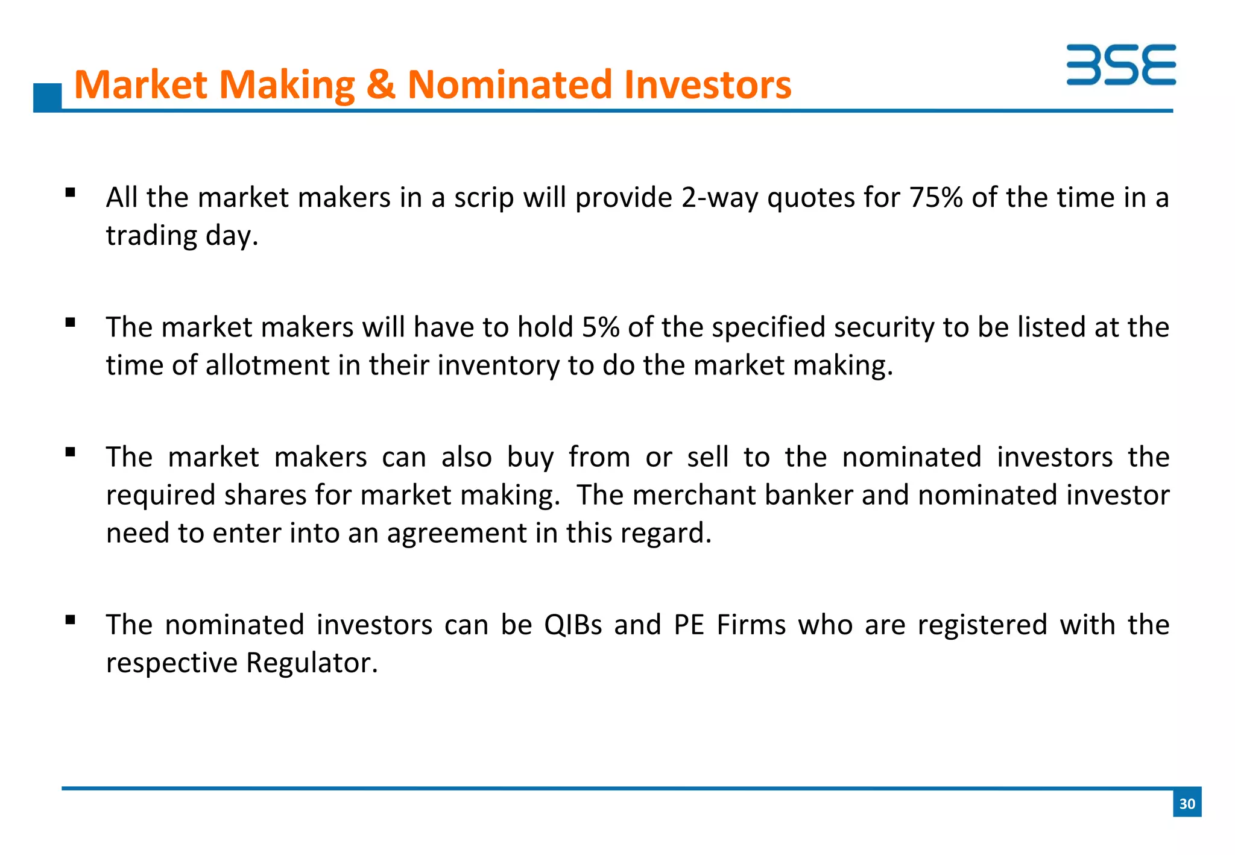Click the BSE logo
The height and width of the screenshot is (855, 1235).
point(1120,65)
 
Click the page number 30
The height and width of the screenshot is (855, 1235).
point(1187,804)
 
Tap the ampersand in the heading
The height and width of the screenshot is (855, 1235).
point(381,84)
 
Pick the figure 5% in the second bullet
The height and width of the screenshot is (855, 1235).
point(601,327)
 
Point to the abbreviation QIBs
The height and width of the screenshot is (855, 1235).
point(572,625)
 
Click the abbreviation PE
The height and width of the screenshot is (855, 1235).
point(689,625)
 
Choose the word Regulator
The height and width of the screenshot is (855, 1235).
point(311,663)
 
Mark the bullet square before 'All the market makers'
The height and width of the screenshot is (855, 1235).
point(71,193)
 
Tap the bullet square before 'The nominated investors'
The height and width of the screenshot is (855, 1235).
point(71,620)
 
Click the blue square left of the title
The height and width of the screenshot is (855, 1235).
point(47,96)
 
